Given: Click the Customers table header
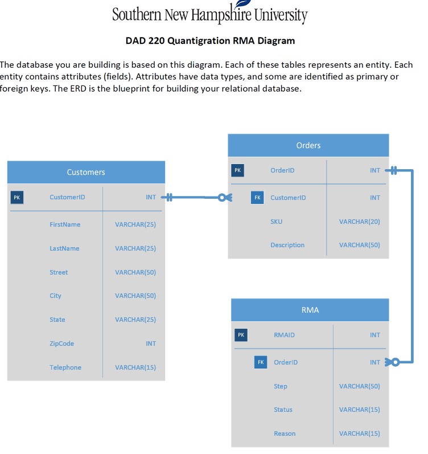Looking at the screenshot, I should click(86, 172).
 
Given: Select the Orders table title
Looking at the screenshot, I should click(308, 145).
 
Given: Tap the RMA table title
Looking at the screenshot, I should click(310, 310).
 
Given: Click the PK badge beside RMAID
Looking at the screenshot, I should click(241, 335).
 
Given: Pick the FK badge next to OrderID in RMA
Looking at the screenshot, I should click(260, 362).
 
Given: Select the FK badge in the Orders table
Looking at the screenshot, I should click(257, 198).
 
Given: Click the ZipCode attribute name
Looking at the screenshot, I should click(61, 343).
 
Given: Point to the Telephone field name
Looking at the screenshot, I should click(65, 367).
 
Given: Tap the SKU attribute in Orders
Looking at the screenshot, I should click(276, 222).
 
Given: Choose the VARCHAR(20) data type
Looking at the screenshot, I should click(359, 222).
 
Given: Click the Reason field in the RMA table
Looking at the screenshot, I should click(285, 433).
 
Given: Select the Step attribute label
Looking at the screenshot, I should click(281, 386).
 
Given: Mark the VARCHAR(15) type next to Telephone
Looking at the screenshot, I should click(135, 367).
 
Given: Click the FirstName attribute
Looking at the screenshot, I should click(65, 224).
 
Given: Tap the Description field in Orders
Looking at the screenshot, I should click(287, 245).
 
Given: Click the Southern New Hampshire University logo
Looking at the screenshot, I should click(210, 14).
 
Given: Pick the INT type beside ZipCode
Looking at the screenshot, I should click(150, 343).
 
